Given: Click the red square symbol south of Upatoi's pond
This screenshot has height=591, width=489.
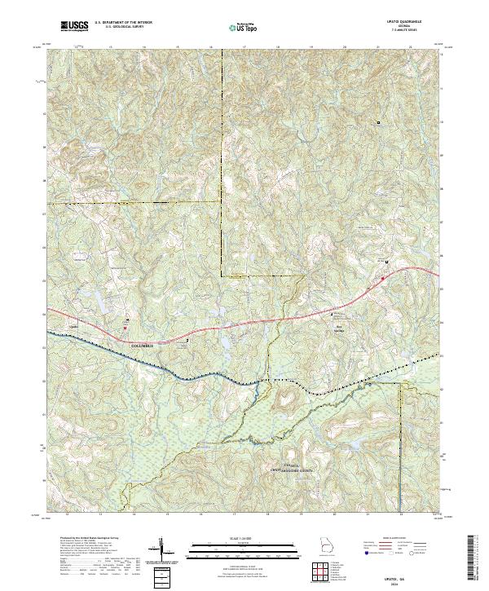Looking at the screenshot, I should (x=125, y=328).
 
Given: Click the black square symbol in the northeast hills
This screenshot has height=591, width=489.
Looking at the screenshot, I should (x=378, y=122).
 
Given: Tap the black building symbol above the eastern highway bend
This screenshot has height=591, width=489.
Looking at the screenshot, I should (x=386, y=262).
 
